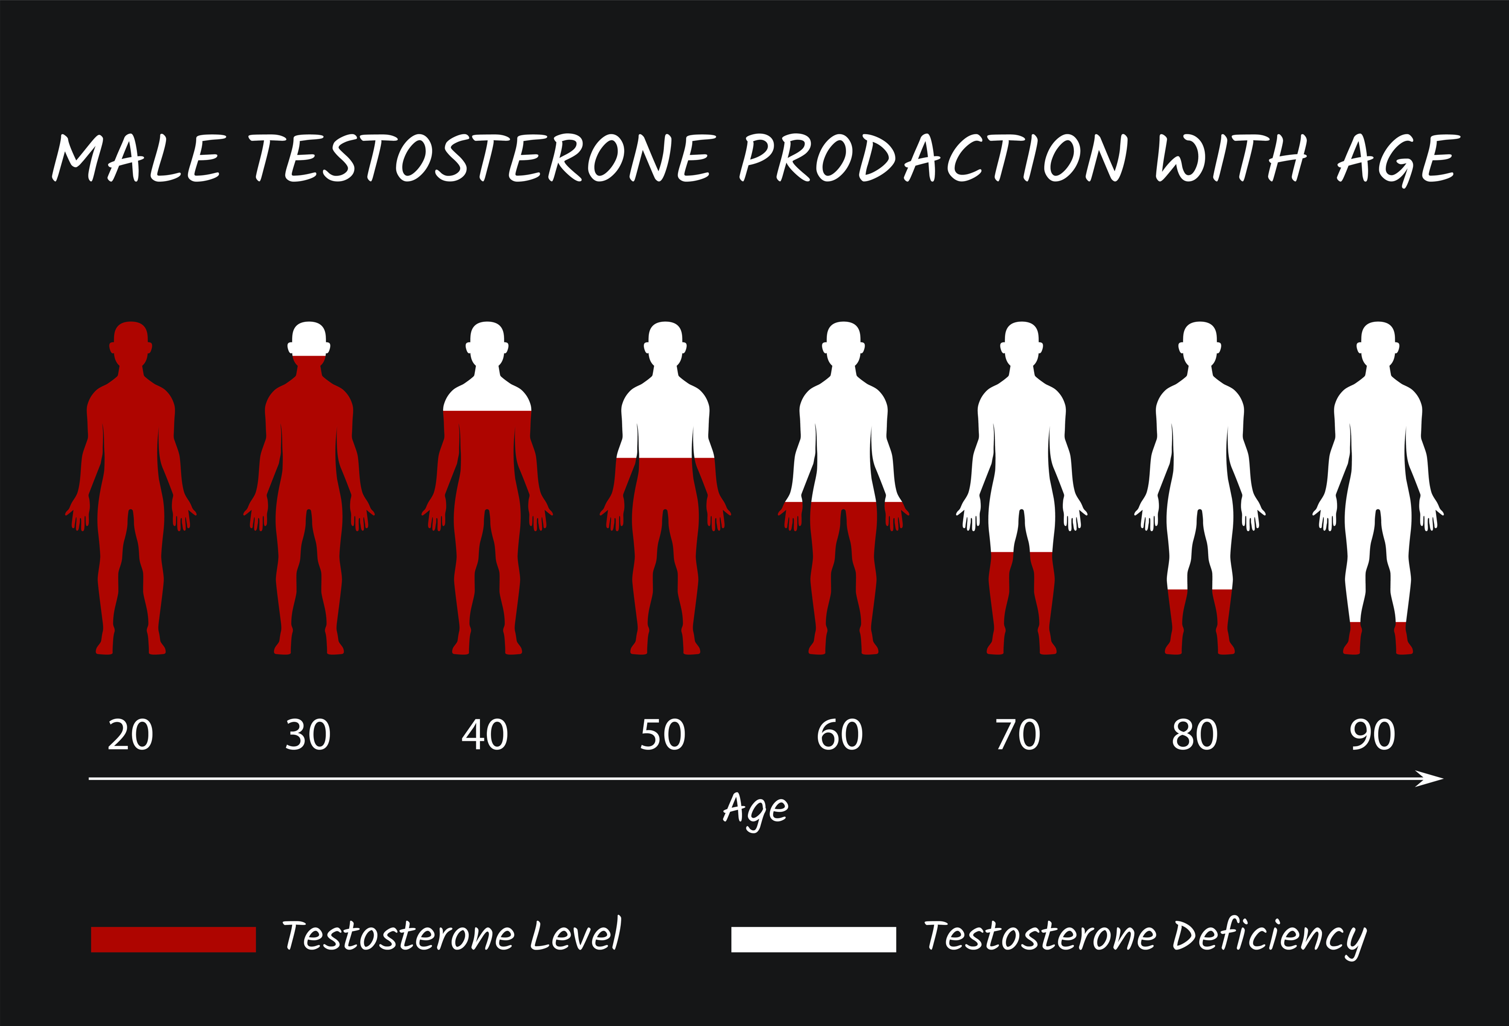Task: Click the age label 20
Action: [130, 735]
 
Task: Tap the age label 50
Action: [662, 735]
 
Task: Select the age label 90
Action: [1372, 735]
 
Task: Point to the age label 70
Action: [1018, 735]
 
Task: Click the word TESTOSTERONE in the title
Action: [482, 158]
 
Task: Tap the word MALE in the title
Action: [139, 158]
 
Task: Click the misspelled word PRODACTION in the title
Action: [934, 158]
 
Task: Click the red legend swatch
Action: [174, 939]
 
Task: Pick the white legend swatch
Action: [813, 939]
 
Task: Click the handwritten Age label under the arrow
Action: [756, 810]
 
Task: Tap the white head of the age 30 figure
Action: [309, 339]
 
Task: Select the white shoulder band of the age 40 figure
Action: [487, 397]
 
